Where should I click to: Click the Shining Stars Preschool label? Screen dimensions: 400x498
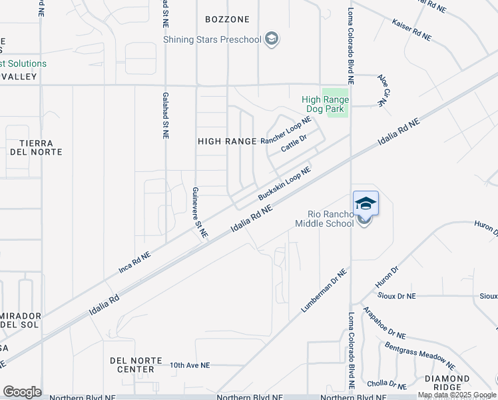pyautogui.click(x=212, y=39)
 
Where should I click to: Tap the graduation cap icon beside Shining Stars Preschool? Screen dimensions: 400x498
pyautogui.click(x=271, y=39)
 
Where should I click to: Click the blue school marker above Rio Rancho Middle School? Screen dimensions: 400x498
pyautogui.click(x=366, y=203)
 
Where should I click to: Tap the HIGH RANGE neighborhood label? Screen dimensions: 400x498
pyautogui.click(x=227, y=141)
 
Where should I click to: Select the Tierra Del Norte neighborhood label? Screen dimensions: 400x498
pyautogui.click(x=41, y=147)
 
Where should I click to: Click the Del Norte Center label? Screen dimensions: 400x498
pyautogui.click(x=136, y=365)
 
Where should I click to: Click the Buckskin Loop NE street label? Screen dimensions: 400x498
pyautogui.click(x=284, y=185)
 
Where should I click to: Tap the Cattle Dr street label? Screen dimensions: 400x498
pyautogui.click(x=294, y=143)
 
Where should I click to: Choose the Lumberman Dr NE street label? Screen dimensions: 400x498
pyautogui.click(x=324, y=291)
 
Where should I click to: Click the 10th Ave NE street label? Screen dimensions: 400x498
pyautogui.click(x=189, y=365)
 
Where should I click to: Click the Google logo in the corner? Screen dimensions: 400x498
pyautogui.click(x=22, y=392)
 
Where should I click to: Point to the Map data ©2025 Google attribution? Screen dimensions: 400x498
pyautogui.click(x=457, y=395)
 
